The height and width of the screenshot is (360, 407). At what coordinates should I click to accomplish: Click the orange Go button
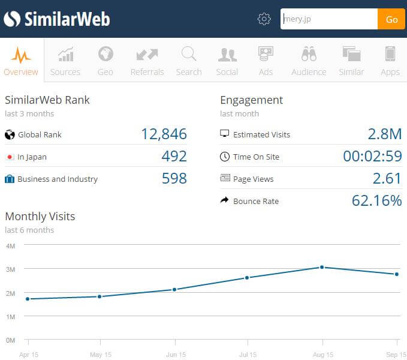(391, 19)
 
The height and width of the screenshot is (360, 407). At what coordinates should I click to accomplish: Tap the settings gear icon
(264, 19)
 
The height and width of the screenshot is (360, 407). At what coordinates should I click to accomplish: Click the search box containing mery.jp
(328, 19)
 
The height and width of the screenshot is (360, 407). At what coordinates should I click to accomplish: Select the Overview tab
(21, 61)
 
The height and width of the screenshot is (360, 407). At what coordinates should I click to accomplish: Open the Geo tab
(105, 61)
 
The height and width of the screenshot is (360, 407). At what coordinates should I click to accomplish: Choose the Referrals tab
(147, 61)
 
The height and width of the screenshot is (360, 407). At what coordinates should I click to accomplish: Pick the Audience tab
(309, 61)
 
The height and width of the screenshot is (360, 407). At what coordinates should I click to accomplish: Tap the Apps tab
(390, 61)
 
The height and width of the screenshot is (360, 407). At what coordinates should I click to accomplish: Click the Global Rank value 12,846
(164, 134)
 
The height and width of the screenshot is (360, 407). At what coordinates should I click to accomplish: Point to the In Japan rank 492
(174, 157)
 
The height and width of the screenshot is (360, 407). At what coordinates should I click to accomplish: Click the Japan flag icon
(10, 157)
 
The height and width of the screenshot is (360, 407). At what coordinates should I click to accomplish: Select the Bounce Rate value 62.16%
(376, 201)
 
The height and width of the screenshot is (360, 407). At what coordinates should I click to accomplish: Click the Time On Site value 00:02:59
(372, 157)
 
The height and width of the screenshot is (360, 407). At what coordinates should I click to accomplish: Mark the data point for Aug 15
(322, 267)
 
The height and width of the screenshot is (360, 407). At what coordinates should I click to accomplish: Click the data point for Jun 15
(174, 289)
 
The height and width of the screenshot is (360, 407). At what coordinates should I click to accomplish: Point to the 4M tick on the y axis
(10, 246)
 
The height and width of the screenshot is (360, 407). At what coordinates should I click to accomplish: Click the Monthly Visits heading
(40, 217)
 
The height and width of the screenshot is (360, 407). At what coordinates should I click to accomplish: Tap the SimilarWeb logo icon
(11, 19)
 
